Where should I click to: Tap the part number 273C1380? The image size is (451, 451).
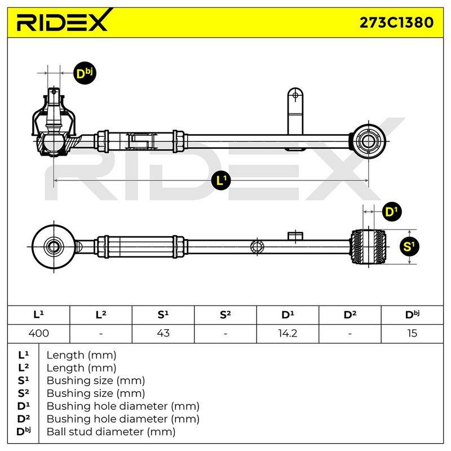pyautogui.click(x=396, y=23)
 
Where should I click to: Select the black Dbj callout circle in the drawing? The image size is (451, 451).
pyautogui.click(x=85, y=74)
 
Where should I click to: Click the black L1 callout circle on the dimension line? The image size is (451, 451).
pyautogui.click(x=221, y=180)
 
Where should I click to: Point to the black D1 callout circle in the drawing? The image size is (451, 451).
pyautogui.click(x=392, y=212)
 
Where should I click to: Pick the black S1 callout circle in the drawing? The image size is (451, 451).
pyautogui.click(x=409, y=246)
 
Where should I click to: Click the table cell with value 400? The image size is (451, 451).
pyautogui.click(x=38, y=334)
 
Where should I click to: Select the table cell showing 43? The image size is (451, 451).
pyautogui.click(x=163, y=334)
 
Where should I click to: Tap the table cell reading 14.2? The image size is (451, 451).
pyautogui.click(x=288, y=334)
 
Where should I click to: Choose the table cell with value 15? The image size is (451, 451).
pyautogui.click(x=412, y=334)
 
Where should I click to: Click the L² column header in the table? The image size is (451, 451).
pyautogui.click(x=101, y=315)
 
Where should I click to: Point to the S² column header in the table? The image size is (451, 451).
pyautogui.click(x=225, y=315)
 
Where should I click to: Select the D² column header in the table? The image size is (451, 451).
pyautogui.click(x=350, y=315)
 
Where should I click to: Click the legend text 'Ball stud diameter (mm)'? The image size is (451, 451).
pyautogui.click(x=111, y=432)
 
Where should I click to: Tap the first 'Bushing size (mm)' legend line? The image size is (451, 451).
pyautogui.click(x=96, y=381)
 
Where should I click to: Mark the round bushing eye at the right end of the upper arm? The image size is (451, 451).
pyautogui.click(x=368, y=141)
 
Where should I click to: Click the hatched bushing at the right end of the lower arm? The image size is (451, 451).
pyautogui.click(x=368, y=246)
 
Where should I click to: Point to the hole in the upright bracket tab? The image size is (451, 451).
pyautogui.click(x=295, y=96)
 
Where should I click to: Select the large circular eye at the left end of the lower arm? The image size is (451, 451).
pyautogui.click(x=54, y=246)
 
